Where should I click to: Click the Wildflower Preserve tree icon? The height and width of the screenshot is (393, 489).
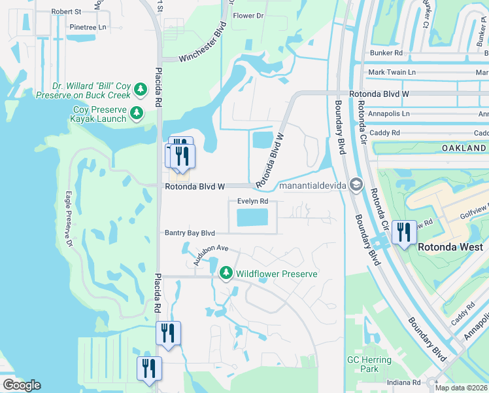[x=226, y=272]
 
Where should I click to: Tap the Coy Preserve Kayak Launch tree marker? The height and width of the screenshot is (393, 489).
[x=137, y=113]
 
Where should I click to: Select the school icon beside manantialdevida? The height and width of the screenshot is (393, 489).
[x=356, y=185]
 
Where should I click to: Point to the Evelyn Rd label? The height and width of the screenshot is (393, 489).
[x=253, y=202]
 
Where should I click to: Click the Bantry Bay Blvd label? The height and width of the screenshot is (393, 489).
[x=190, y=233]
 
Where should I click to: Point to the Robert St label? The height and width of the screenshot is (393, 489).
[x=66, y=12]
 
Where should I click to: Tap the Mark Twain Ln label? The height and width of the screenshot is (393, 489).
[x=392, y=72]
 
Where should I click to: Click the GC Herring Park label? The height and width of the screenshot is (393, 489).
[x=369, y=364]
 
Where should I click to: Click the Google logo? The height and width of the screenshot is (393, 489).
[x=22, y=385]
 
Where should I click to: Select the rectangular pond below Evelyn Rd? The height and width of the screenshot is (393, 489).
[x=252, y=218]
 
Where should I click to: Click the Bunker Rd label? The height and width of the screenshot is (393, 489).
[x=385, y=52]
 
